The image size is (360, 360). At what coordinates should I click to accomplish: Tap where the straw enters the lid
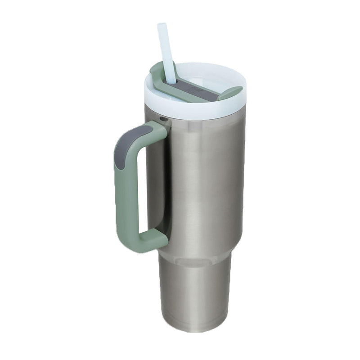pos(171,81)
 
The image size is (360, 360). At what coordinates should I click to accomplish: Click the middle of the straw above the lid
pos(166,54)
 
